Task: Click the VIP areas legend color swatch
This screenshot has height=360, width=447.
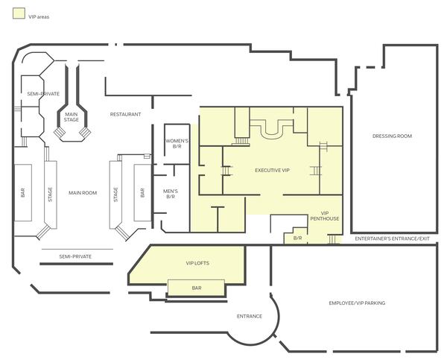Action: click(19, 13)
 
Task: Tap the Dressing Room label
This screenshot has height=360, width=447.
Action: click(392, 136)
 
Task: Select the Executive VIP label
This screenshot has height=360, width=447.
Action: click(272, 170)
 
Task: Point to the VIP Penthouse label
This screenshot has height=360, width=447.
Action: click(324, 216)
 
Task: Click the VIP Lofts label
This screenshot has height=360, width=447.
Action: click(197, 263)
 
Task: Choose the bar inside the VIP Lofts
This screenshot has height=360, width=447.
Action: click(196, 288)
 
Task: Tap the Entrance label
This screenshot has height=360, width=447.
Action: click(249, 316)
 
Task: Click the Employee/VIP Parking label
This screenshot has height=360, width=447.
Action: click(357, 303)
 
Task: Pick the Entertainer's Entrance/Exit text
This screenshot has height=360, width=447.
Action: click(392, 239)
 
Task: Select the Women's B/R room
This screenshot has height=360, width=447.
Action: click(177, 144)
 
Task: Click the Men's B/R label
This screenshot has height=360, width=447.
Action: click(171, 194)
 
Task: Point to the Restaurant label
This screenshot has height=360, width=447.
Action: click(125, 114)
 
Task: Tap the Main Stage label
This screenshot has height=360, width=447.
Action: click(72, 117)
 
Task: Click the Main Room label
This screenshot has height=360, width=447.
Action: click(83, 193)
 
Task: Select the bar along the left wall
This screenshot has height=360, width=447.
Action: click(23, 192)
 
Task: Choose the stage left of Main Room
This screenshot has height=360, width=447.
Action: click(51, 195)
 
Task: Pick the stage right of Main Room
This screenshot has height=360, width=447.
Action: click(115, 195)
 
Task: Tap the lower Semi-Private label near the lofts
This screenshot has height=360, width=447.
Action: click(75, 256)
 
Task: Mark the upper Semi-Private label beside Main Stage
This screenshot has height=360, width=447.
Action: click(43, 94)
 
